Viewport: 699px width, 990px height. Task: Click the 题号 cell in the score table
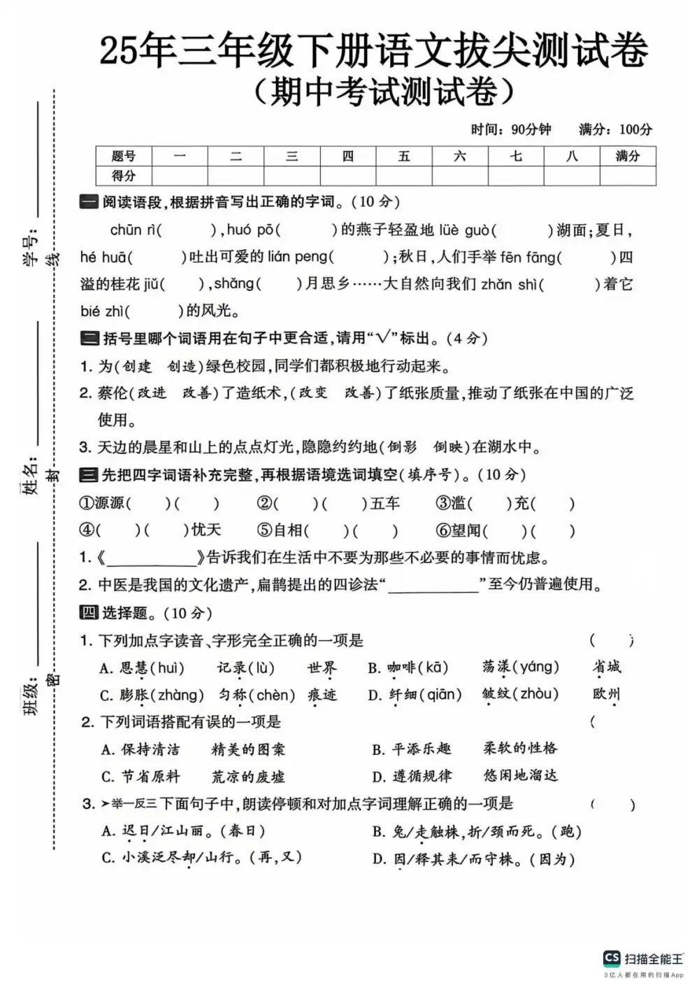click(x=124, y=156)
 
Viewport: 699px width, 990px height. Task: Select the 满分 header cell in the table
click(x=627, y=156)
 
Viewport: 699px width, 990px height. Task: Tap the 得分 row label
click(x=124, y=176)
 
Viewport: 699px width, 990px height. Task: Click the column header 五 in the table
click(x=404, y=156)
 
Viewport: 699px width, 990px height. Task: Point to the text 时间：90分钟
click(x=511, y=129)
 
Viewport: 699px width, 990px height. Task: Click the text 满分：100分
click(x=615, y=129)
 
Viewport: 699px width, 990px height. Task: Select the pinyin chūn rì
click(x=134, y=229)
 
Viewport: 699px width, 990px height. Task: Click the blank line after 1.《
click(x=152, y=558)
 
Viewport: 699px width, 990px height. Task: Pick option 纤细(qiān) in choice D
click(x=426, y=695)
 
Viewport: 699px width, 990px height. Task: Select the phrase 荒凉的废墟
click(x=248, y=777)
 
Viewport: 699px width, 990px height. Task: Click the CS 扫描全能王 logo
click(x=643, y=959)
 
